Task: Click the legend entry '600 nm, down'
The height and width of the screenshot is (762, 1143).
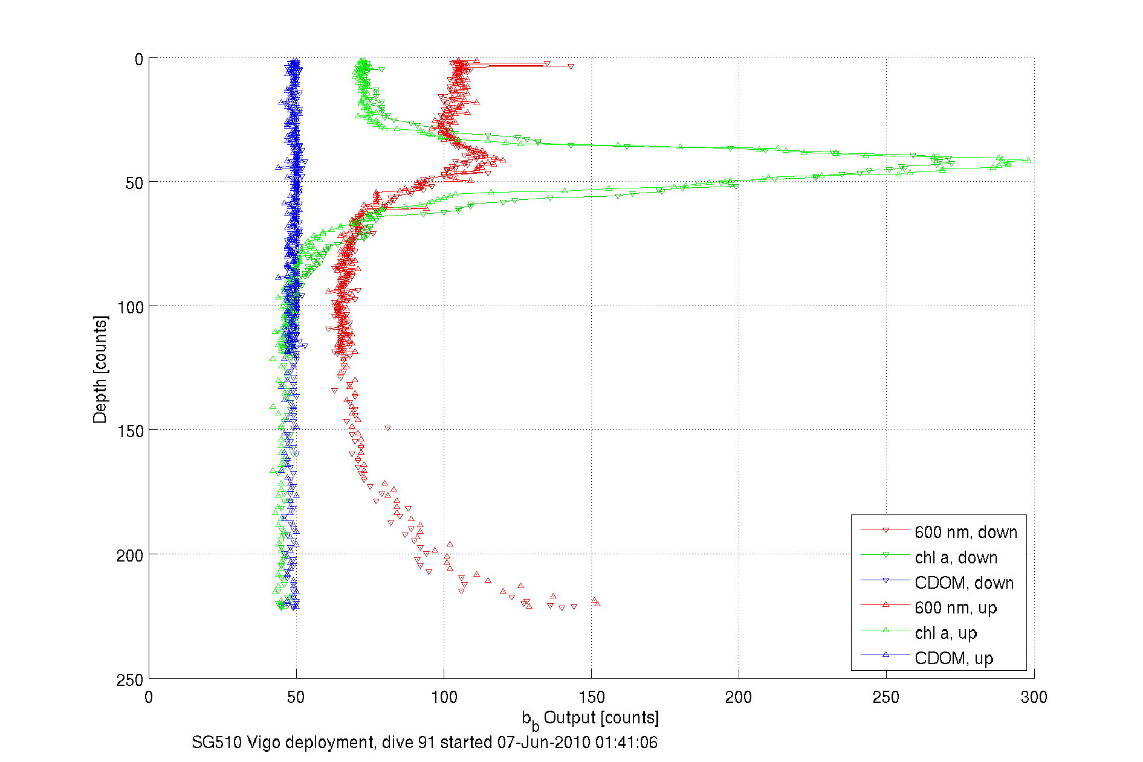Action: tap(965, 532)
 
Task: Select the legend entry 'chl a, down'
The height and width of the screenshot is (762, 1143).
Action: tap(956, 557)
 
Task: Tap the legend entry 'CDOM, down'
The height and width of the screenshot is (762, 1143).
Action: tap(963, 583)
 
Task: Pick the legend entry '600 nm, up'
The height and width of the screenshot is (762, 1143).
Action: tap(955, 607)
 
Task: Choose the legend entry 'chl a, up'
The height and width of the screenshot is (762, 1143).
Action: tap(945, 633)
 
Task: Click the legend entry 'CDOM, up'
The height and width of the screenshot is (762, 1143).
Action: tap(953, 658)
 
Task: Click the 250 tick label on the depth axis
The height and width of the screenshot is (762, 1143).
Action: tap(130, 680)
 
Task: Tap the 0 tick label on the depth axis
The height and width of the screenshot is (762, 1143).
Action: tap(139, 60)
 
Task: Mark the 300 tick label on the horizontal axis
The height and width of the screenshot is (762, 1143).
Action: tap(1034, 697)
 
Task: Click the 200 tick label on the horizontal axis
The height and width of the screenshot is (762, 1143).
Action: tap(739, 697)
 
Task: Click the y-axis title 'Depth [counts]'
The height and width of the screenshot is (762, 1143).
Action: tap(100, 369)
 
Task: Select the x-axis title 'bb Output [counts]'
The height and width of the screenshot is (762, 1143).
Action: tap(590, 719)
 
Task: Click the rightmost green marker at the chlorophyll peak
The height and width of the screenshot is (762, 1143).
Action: tap(1028, 161)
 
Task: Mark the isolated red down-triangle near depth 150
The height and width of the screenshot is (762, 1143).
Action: tap(387, 428)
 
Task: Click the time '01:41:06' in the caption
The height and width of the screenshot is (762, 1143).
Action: tap(626, 743)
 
